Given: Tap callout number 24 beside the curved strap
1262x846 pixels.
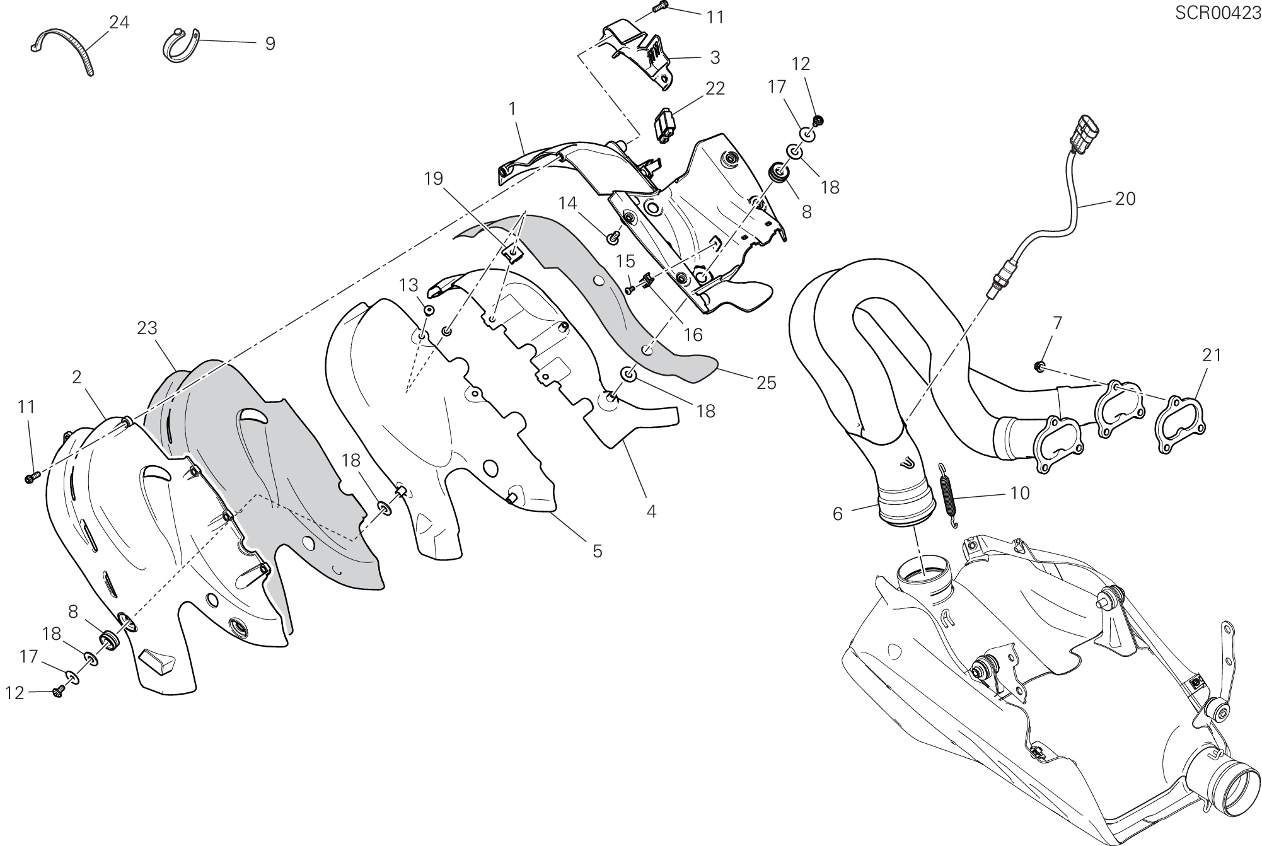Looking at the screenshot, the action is (119, 23).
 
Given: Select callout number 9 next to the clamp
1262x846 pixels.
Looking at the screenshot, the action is (270, 43).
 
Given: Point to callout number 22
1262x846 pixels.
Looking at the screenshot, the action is (715, 88).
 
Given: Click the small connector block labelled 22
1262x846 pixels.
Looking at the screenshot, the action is (666, 125).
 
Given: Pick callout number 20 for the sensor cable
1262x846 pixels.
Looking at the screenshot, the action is (1125, 199).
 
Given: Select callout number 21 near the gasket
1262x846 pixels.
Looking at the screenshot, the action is (1212, 356).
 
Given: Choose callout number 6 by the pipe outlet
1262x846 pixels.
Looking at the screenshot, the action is (837, 514).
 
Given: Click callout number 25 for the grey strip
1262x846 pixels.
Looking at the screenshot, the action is (767, 383).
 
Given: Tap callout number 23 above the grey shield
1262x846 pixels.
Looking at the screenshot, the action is (147, 328).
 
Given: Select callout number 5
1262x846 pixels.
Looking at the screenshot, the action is (598, 551).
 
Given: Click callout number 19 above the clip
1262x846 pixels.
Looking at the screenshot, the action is (434, 179).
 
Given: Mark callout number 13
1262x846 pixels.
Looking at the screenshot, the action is (408, 286).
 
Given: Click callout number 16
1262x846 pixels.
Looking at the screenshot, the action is (693, 335).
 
